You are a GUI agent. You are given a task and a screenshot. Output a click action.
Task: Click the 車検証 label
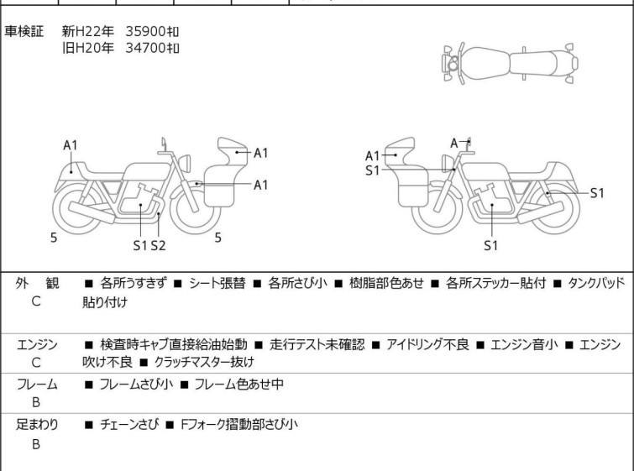pyautogui.click(x=24, y=32)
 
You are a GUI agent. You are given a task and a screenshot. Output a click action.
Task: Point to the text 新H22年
pyautogui.click(x=87, y=32)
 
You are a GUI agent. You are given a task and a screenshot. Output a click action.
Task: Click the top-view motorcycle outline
pyautogui.click(x=510, y=64)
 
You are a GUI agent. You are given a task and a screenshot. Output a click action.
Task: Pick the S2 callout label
pyautogui.click(x=158, y=245)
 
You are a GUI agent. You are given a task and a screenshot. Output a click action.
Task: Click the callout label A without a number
pyautogui.click(x=454, y=143)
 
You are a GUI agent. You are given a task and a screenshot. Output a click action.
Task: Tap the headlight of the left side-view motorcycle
pyautogui.click(x=185, y=163)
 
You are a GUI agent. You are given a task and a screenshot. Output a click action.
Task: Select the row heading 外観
pyautogui.click(x=37, y=283)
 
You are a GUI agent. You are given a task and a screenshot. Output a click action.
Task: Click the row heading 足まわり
pyautogui.click(x=37, y=425)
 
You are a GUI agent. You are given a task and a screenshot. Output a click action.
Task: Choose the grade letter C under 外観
pyautogui.click(x=36, y=301)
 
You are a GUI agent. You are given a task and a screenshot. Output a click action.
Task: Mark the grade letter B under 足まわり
pyautogui.click(x=36, y=444)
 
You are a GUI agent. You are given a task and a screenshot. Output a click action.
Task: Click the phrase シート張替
pyautogui.click(x=217, y=283)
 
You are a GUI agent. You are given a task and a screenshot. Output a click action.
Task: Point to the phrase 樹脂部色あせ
pyautogui.click(x=386, y=283)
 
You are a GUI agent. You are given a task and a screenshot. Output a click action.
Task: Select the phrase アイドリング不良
pyautogui.click(x=427, y=344)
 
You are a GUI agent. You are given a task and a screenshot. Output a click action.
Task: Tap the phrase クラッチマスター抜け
pyautogui.click(x=204, y=362)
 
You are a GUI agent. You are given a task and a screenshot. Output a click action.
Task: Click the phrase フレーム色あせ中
pyautogui.click(x=239, y=384)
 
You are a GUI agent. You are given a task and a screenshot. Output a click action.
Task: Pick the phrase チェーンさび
pyautogui.click(x=129, y=425)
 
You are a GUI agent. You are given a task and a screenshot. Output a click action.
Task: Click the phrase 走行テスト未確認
pyautogui.click(x=317, y=344)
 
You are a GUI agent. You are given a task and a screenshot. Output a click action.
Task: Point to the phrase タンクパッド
pyautogui.click(x=596, y=283)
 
